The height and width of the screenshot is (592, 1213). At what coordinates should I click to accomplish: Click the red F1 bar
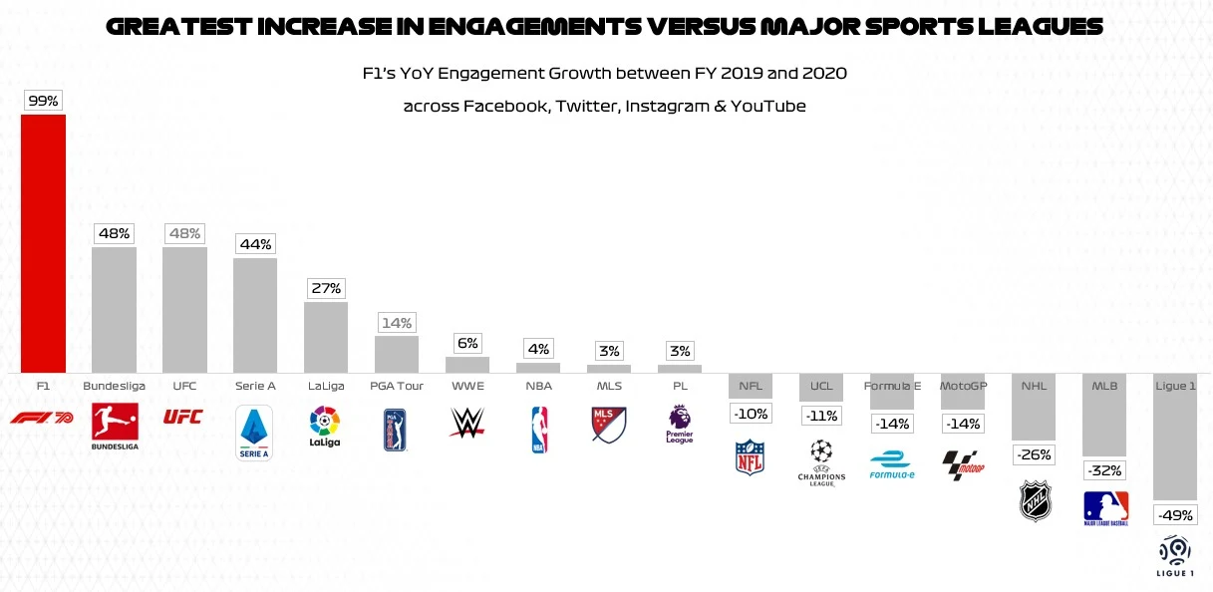pyautogui.click(x=44, y=243)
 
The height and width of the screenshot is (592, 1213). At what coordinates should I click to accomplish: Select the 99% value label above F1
pyautogui.click(x=44, y=101)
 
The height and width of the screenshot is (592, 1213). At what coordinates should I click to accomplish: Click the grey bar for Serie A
pyautogui.click(x=255, y=315)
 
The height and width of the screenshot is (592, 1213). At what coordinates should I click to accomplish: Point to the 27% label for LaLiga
pyautogui.click(x=326, y=289)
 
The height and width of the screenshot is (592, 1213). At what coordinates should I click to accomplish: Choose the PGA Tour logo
pyautogui.click(x=396, y=430)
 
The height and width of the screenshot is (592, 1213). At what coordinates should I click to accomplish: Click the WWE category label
pyautogui.click(x=466, y=385)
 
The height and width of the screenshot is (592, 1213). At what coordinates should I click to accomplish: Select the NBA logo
pyautogui.click(x=538, y=430)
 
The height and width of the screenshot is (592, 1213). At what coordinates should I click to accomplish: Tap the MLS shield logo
pyautogui.click(x=609, y=425)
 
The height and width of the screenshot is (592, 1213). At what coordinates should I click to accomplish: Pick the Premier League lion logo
pyautogui.click(x=680, y=424)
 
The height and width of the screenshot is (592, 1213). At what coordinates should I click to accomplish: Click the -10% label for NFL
pyautogui.click(x=751, y=414)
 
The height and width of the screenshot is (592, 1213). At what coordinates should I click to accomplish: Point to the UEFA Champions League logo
pyautogui.click(x=821, y=460)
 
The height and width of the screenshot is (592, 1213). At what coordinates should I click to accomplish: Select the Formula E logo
pyautogui.click(x=891, y=464)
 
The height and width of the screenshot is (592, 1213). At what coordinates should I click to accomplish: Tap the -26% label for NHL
pyautogui.click(x=1034, y=454)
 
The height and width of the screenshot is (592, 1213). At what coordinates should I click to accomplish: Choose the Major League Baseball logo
pyautogui.click(x=1105, y=508)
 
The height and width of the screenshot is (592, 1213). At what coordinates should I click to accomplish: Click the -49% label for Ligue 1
pyautogui.click(x=1175, y=515)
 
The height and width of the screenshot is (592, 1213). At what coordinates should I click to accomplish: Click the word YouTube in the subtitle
pyautogui.click(x=768, y=106)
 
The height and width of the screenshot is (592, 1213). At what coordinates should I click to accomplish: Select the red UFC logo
pyautogui.click(x=183, y=416)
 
